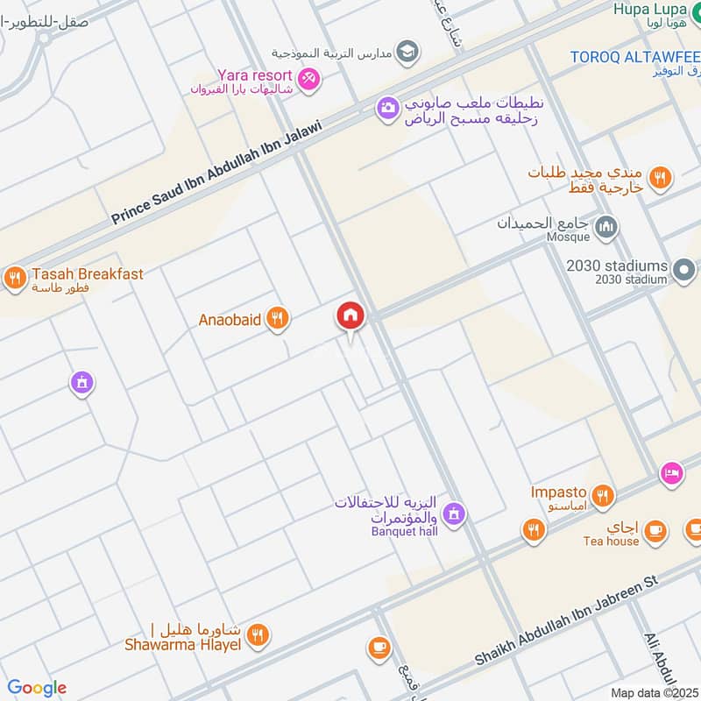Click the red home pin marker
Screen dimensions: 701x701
350,316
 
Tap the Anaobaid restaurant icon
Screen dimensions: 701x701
278,319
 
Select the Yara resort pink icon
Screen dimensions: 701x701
308,80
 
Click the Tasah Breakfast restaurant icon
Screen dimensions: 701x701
14,280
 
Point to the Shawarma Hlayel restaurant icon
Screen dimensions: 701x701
258,635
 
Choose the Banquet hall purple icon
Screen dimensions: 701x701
453,513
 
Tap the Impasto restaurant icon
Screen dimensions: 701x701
602,497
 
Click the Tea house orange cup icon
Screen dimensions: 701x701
655,530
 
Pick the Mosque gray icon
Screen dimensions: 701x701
605,229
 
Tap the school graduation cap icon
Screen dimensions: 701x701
407,53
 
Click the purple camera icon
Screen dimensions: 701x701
387,110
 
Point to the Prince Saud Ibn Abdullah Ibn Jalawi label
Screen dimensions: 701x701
217,173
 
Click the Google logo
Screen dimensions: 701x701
37,688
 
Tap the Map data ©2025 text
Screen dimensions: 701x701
653,692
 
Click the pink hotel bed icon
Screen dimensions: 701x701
671,472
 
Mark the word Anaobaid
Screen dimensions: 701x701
230,320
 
